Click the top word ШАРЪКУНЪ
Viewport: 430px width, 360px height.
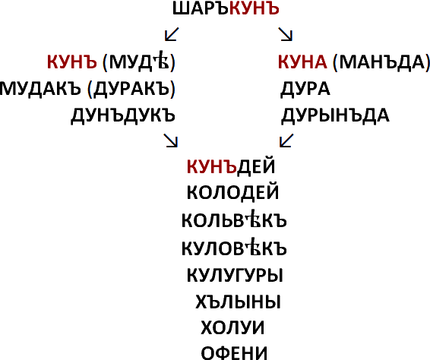pyautogui.click(x=226, y=8)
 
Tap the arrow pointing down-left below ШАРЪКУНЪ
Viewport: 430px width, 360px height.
pyautogui.click(x=172, y=34)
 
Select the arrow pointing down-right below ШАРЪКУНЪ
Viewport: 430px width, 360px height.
pyautogui.click(x=286, y=34)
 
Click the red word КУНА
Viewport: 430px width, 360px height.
pyautogui.click(x=302, y=62)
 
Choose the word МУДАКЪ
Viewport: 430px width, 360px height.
pyautogui.click(x=40, y=89)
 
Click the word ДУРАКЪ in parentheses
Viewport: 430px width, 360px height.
pyautogui.click(x=131, y=89)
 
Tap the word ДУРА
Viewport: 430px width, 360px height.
pyautogui.click(x=305, y=90)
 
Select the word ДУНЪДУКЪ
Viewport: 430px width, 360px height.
pyautogui.click(x=123, y=115)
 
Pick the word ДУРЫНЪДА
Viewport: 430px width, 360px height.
pyautogui.click(x=335, y=115)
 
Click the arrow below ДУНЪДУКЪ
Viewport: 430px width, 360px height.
pyautogui.click(x=171, y=141)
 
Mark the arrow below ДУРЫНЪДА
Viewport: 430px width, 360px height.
pyautogui.click(x=286, y=141)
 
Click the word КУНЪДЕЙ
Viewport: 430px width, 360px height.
pyautogui.click(x=231, y=166)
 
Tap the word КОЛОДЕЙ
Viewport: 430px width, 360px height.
pyautogui.click(x=232, y=192)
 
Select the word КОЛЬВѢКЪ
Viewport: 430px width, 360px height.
pyautogui.click(x=234, y=219)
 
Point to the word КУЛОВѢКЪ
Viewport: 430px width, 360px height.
pyautogui.click(x=234, y=248)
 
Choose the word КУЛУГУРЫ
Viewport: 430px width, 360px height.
pyautogui.click(x=235, y=275)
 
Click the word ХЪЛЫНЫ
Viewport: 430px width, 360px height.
pyautogui.click(x=238, y=302)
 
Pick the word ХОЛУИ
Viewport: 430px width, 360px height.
pyautogui.click(x=232, y=327)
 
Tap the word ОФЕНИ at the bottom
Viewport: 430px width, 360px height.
pyautogui.click(x=234, y=353)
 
